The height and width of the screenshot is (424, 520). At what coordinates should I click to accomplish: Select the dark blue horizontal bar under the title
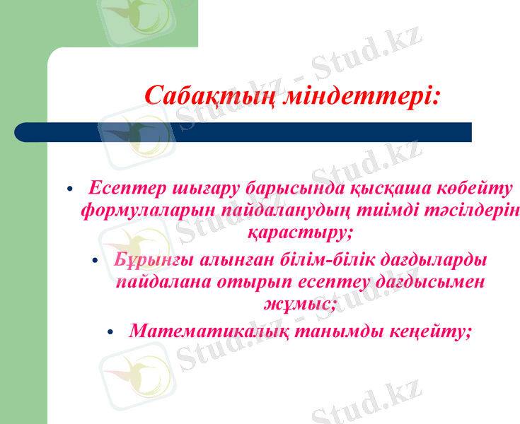[243, 132]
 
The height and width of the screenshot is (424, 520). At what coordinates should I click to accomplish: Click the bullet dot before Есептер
[69, 190]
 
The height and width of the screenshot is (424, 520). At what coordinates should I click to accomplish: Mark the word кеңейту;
[431, 331]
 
